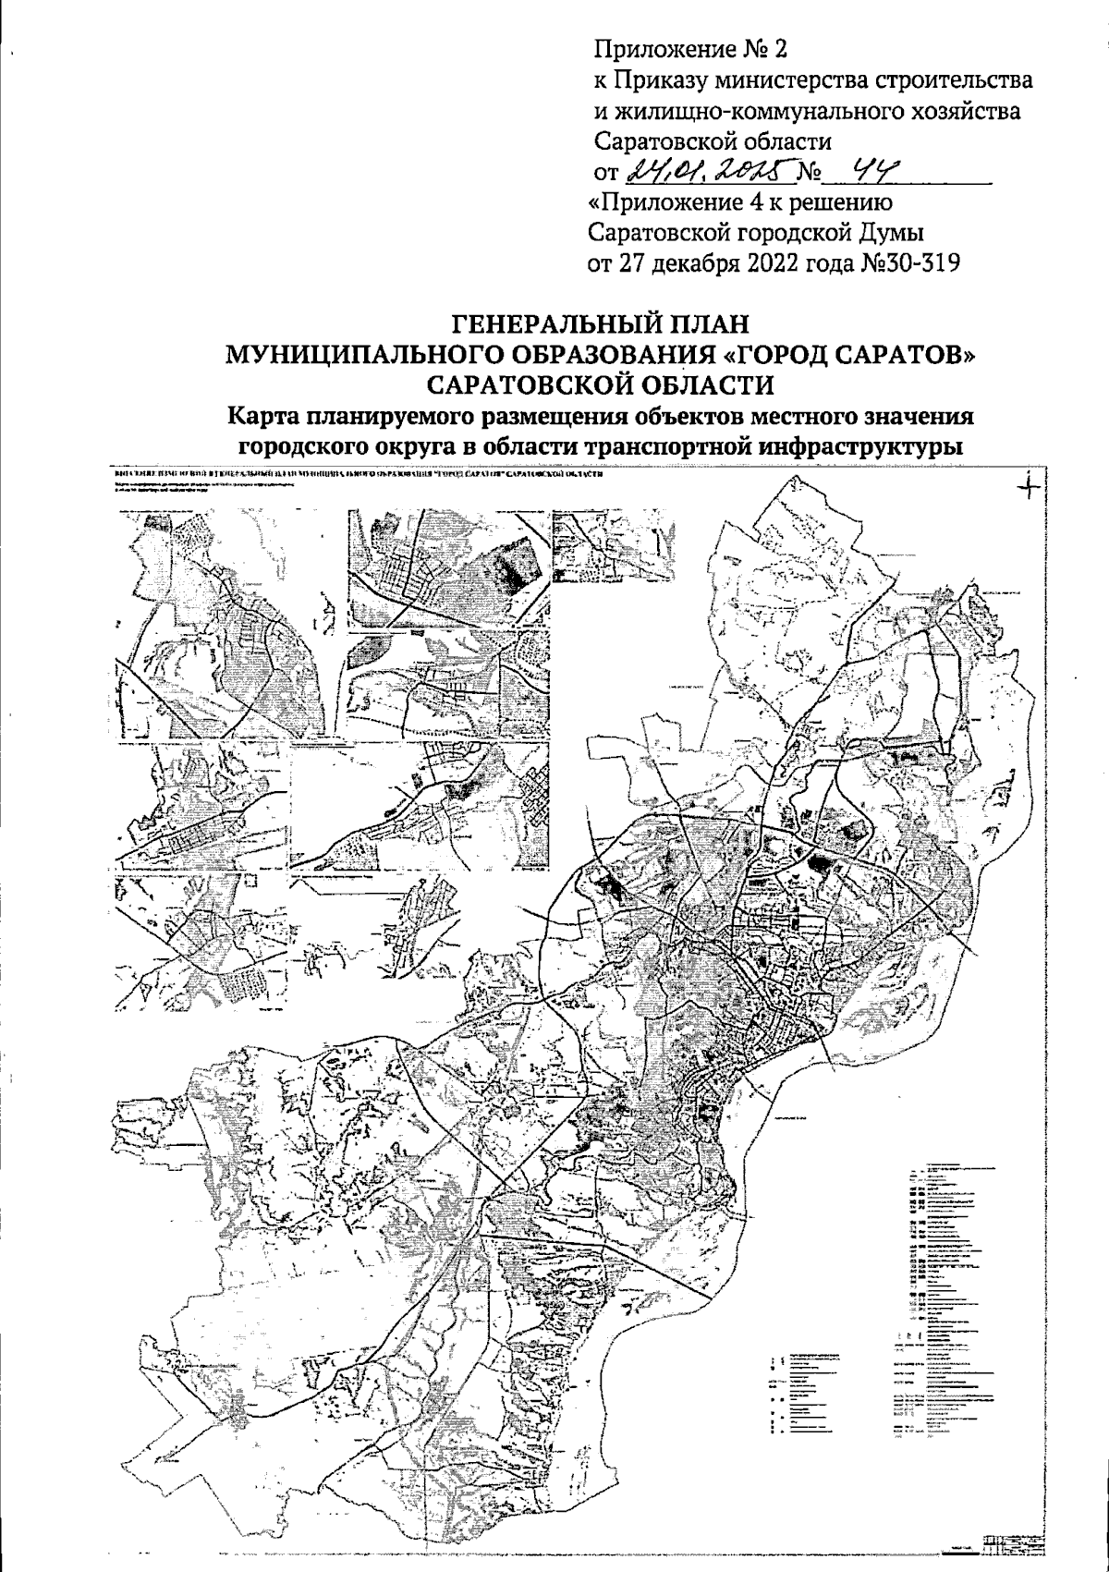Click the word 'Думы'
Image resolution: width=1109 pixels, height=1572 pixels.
click(x=898, y=232)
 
